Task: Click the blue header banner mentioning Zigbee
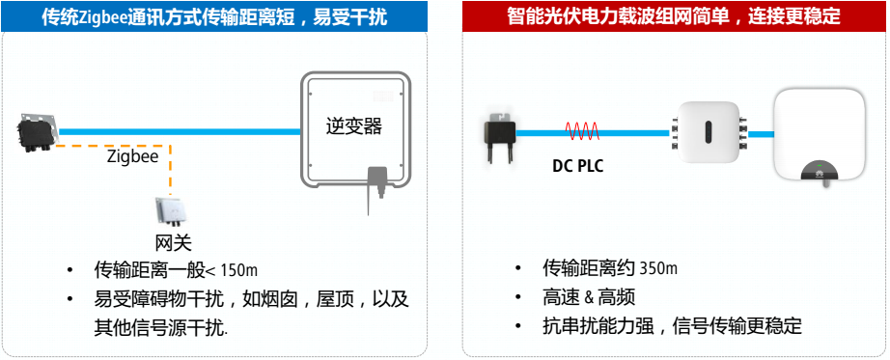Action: [222, 16]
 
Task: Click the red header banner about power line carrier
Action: [672, 16]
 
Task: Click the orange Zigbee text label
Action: [131, 154]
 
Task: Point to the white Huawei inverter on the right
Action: [821, 135]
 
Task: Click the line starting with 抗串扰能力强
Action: [672, 326]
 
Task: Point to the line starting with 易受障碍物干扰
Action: [251, 299]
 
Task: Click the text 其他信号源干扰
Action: [160, 327]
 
